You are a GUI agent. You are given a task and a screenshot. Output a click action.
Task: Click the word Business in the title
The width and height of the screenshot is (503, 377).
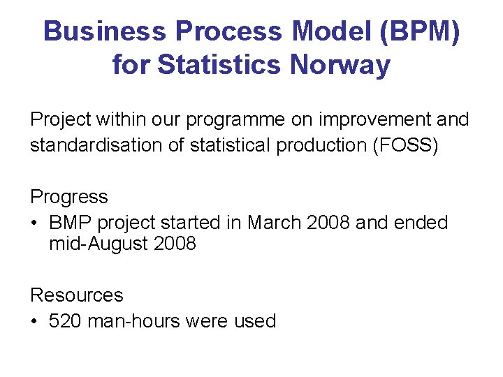[105, 32]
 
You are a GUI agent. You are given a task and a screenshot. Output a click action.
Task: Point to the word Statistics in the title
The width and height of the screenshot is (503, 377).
[221, 66]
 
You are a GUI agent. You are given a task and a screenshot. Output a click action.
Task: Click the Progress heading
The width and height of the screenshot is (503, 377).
[69, 197]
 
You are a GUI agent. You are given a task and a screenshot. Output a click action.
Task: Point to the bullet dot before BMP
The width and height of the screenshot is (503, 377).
[34, 223]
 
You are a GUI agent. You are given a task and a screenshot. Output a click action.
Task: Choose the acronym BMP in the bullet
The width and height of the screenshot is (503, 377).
[71, 223]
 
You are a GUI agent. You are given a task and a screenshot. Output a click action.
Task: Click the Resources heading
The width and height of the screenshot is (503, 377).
[76, 295]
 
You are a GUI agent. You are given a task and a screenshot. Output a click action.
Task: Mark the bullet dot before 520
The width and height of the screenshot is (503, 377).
[34, 322]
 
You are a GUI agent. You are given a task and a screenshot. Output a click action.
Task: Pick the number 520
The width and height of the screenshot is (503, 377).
[64, 322]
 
